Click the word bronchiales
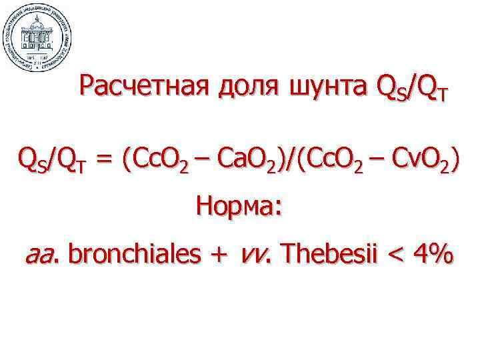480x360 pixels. tap(133, 255)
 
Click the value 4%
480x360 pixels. tap(433, 255)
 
